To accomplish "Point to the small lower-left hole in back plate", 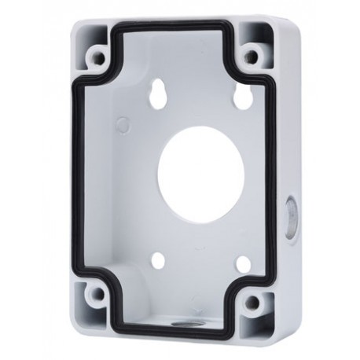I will [x=158, y=260].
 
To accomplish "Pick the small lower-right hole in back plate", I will [x=244, y=264].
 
